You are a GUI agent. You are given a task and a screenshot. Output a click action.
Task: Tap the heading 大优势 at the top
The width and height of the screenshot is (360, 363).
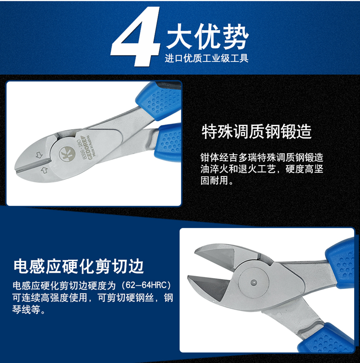point(207,36)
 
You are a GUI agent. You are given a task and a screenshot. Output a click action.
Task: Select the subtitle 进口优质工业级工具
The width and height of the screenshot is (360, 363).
point(206,58)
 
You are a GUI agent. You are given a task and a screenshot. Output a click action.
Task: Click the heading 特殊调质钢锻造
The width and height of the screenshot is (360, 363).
point(257,132)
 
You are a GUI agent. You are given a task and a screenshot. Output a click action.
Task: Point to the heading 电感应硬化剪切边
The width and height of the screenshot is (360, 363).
point(79,266)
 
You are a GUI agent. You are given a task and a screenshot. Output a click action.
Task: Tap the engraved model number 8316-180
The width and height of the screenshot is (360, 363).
point(82,149)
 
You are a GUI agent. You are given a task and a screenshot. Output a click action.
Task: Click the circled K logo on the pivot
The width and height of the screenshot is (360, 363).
point(67,155)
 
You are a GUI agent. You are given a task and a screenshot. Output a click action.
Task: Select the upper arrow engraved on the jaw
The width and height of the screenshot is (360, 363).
point(39,155)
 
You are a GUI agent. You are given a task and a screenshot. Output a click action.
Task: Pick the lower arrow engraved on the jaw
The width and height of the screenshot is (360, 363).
point(44,170)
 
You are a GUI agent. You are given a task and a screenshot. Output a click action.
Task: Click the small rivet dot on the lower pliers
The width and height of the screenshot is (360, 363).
point(254,283)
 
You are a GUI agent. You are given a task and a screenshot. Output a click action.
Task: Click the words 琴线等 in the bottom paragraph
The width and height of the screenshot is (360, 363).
point(26,310)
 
